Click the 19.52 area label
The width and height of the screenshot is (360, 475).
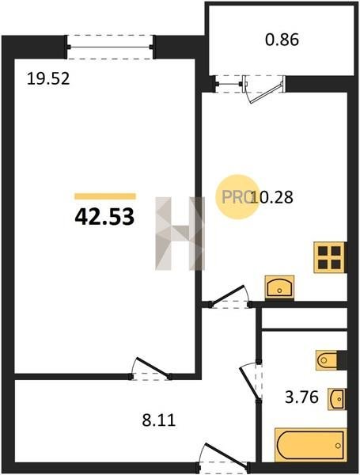48,78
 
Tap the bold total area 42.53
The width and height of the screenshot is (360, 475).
104,217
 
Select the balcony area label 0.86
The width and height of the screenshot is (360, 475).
282,40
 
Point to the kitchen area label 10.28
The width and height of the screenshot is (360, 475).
272,197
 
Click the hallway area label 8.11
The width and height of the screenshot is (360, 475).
159,420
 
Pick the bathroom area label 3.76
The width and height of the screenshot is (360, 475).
302,397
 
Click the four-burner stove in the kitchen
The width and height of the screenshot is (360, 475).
329,257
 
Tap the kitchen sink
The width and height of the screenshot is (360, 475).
279,287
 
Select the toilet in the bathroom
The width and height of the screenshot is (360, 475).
327,360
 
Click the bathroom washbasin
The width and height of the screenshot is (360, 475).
336,399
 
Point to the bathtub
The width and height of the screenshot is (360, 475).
310,445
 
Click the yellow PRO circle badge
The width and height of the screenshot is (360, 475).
237,197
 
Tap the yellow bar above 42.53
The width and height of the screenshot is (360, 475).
105,196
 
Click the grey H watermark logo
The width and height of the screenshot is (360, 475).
180,234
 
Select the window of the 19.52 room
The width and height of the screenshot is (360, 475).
110,47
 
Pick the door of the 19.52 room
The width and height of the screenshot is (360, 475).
150,369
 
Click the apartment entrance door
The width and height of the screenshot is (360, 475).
224,458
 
